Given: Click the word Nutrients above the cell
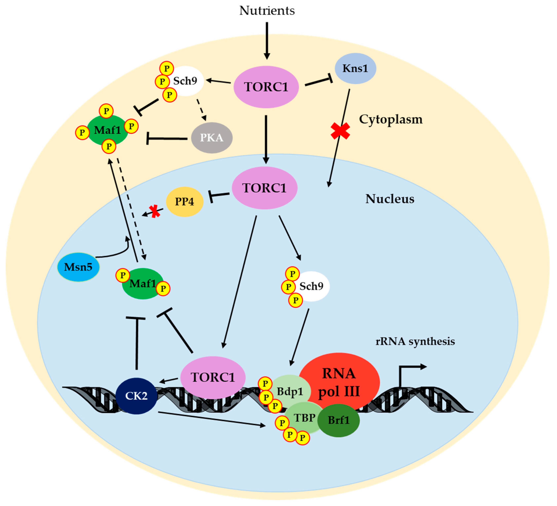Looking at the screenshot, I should (267, 11).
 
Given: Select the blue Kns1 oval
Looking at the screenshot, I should (355, 69).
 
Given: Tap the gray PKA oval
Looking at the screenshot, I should (212, 138).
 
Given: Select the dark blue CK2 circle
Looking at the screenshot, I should (136, 396).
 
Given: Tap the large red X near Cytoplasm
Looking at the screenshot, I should (340, 131).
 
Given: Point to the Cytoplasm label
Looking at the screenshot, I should (391, 119).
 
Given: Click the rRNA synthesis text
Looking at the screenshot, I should (415, 341).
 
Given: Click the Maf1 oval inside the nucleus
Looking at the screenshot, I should (143, 284).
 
